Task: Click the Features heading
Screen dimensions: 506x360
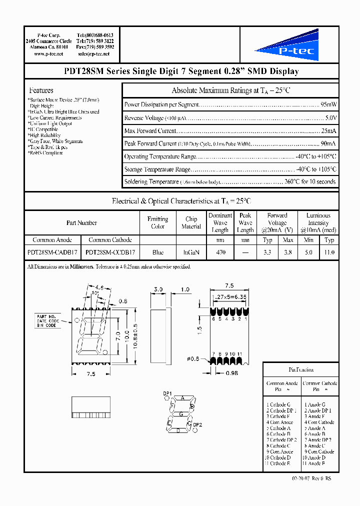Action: pos(41,90)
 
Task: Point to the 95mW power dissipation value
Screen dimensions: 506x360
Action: pos(328,105)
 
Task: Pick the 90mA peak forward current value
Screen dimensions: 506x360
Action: pos(328,143)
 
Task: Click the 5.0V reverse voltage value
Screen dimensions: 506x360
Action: pos(330,118)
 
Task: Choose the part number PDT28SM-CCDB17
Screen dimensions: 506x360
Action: pos(110,253)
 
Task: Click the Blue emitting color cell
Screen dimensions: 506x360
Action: pos(157,253)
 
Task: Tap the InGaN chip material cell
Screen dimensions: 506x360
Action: pos(191,253)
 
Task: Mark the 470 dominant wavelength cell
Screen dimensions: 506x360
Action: pos(220,253)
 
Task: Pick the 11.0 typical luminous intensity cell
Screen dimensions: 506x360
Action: pos(329,253)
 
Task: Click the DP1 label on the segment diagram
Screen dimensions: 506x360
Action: pos(167,393)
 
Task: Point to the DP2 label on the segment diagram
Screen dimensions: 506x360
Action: pos(197,424)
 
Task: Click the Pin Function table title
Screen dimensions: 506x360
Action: pos(301,370)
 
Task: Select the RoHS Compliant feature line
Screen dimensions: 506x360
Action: pos(46,153)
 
